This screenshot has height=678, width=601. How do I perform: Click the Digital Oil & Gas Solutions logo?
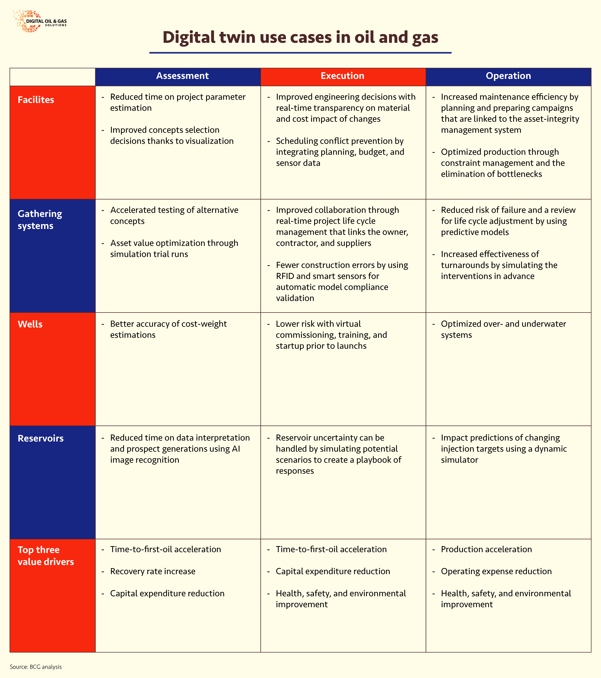[x=40, y=21]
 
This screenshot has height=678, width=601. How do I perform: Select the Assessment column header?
[x=182, y=76]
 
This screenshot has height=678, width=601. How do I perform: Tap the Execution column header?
[x=342, y=76]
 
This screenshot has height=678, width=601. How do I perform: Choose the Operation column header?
[x=508, y=76]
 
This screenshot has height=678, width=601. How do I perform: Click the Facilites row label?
[x=36, y=100]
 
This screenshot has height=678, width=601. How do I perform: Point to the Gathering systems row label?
[x=40, y=220]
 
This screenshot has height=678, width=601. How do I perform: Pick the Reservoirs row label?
[x=41, y=438]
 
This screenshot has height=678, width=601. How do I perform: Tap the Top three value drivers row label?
[x=46, y=556]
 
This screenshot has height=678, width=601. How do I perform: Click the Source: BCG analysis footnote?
[x=36, y=667]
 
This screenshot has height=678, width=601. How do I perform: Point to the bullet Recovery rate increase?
[x=153, y=571]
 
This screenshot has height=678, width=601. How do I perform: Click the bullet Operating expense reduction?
[x=496, y=571]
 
